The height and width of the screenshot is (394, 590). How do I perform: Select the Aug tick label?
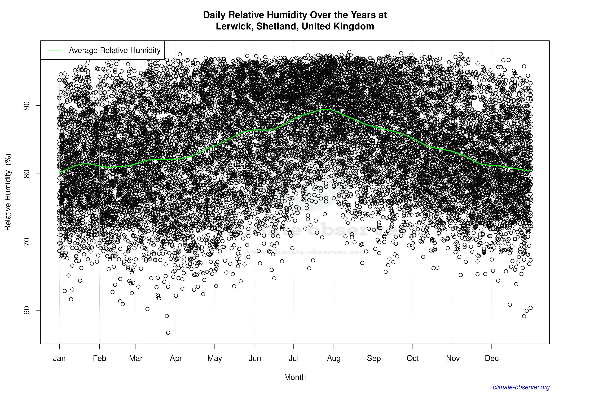tap(334, 358)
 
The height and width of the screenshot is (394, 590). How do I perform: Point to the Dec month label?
tap(492, 358)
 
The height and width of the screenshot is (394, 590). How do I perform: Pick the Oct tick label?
tap(413, 358)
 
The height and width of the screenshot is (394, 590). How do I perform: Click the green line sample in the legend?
tap(55, 50)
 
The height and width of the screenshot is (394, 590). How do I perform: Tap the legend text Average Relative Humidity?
tap(115, 50)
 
